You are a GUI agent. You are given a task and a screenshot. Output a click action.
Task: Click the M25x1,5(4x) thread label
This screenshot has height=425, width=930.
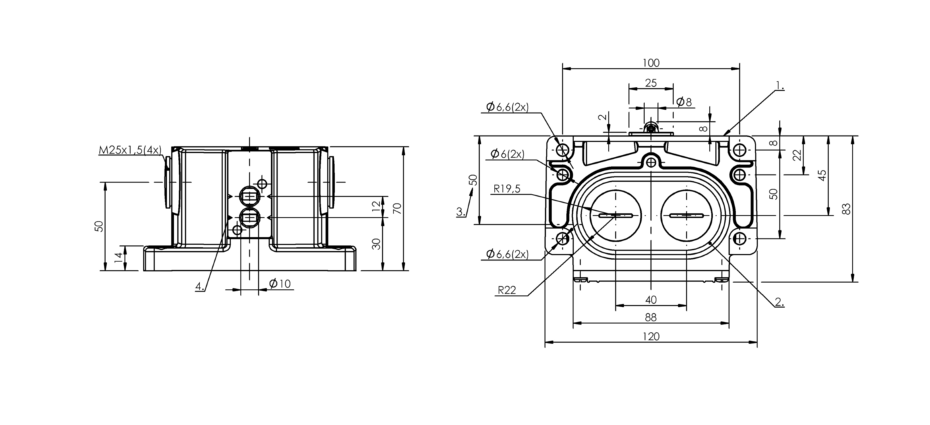[x=130, y=150]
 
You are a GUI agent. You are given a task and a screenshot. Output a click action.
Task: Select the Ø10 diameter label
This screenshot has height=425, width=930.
[x=280, y=284]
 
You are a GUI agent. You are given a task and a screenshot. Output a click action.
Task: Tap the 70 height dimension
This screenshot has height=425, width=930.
[x=398, y=208]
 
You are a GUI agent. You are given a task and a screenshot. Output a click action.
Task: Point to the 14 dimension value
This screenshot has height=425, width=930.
[x=119, y=258]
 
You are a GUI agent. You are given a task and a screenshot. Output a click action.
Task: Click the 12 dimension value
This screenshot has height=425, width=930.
[x=376, y=206]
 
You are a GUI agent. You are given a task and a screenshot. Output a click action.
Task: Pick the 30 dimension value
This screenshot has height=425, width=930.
[x=376, y=244]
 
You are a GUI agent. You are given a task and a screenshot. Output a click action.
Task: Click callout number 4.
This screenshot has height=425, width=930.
[x=200, y=286]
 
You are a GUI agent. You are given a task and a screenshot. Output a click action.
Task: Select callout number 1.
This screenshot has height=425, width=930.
[x=780, y=86]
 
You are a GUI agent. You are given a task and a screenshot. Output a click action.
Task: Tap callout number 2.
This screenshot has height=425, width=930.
[x=780, y=302]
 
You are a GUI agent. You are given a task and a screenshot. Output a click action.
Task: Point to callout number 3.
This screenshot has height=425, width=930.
[x=461, y=211]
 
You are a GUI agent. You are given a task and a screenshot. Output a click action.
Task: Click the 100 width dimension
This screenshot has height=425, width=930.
[x=651, y=63]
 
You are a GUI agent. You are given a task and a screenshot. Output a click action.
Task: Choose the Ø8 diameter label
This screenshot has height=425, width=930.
[x=684, y=102]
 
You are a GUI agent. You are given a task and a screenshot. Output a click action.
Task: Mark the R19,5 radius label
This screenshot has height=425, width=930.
[x=507, y=189]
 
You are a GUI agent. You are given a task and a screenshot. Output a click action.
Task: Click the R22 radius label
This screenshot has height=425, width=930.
[x=507, y=290]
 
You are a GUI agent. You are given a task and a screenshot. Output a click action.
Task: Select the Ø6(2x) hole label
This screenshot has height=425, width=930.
[x=507, y=154]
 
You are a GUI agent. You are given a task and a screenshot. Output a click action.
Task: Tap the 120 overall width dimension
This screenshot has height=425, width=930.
[x=651, y=336]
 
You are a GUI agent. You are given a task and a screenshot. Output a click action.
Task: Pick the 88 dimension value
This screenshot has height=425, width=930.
[x=651, y=317]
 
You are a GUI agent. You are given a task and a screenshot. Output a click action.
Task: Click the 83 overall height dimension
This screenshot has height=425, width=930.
[x=846, y=209]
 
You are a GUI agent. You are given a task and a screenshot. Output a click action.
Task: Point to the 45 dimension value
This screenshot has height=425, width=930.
[x=821, y=175]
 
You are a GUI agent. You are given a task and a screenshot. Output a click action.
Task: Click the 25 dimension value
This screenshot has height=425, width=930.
[x=651, y=83]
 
